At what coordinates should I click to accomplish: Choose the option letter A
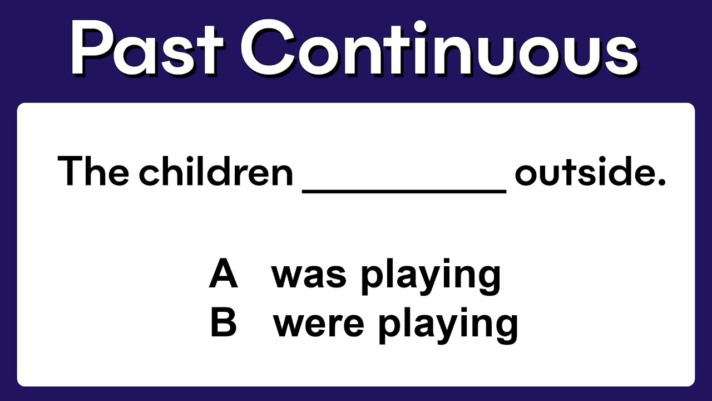tap(224, 275)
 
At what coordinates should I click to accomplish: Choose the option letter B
tap(224, 324)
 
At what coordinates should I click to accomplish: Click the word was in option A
tap(309, 276)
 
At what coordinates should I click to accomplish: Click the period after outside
tap(661, 183)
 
